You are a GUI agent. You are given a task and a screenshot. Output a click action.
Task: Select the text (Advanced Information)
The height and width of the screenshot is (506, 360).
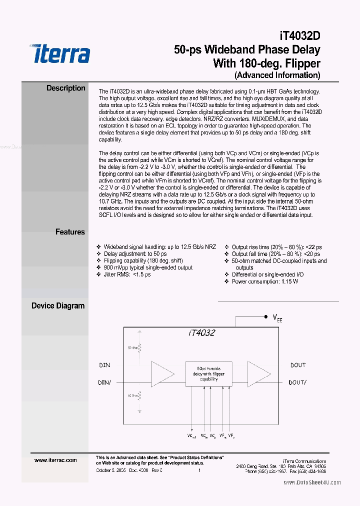[277, 75]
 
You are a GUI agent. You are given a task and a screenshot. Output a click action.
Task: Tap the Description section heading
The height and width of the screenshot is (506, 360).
[65, 88]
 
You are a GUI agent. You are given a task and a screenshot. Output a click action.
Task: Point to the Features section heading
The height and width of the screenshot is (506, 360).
[70, 232]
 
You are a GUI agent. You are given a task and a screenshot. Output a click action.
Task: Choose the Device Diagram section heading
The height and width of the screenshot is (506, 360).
[58, 305]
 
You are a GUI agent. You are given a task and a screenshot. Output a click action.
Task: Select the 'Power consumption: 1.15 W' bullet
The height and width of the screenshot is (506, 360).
[265, 281]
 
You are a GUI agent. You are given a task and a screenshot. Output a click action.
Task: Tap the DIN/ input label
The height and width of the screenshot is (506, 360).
[104, 382]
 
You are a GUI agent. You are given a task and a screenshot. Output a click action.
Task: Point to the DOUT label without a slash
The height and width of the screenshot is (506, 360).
[297, 365]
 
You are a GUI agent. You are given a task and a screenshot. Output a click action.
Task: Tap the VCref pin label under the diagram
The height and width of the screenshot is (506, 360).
[192, 436]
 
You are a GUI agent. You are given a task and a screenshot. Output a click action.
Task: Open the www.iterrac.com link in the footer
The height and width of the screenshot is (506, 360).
[55, 460]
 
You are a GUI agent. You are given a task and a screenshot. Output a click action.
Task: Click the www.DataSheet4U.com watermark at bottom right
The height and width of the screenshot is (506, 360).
[312, 482]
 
